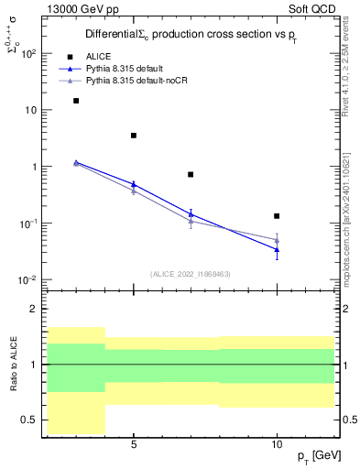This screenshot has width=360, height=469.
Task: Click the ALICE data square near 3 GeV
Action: click(76, 101)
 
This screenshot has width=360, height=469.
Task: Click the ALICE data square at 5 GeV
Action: click(134, 136)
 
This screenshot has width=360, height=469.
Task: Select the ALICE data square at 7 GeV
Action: click(191, 174)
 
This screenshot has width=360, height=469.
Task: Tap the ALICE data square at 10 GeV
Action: click(277, 216)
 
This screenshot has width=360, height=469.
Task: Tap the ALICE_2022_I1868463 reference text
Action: click(190, 273)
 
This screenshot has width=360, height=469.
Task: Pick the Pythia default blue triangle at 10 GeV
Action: click(277, 249)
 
